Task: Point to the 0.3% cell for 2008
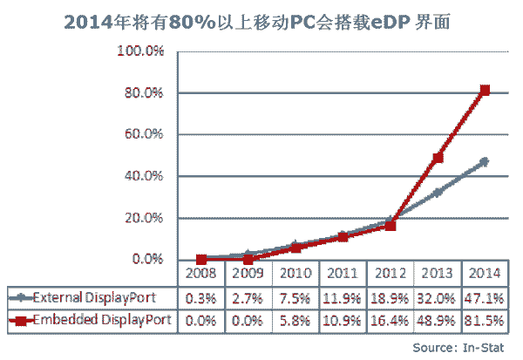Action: (x=202, y=296)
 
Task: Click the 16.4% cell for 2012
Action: (x=391, y=321)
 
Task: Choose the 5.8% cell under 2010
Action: (x=296, y=321)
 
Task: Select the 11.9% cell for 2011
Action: (x=343, y=296)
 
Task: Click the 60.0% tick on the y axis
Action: (x=145, y=134)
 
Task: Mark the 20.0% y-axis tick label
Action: (x=145, y=218)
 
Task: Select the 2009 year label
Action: (x=249, y=273)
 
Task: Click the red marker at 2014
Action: (x=486, y=90)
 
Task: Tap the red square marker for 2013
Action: (x=438, y=158)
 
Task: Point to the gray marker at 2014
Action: (x=486, y=161)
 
